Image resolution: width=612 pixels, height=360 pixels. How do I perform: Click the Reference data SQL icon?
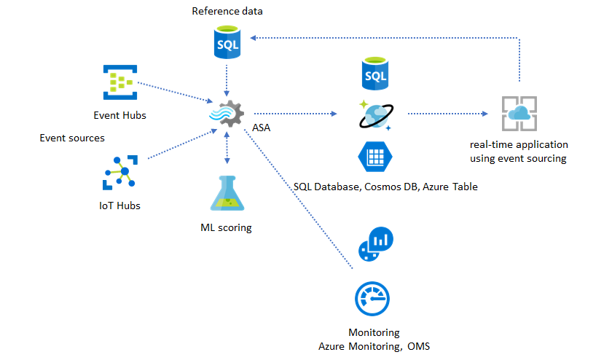point(228,43)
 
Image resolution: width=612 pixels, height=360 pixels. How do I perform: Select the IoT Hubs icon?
point(120,173)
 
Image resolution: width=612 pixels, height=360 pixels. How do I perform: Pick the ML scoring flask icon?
point(227,195)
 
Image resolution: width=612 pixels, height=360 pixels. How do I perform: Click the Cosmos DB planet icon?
point(375,115)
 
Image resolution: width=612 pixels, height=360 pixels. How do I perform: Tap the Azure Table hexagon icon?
point(375,157)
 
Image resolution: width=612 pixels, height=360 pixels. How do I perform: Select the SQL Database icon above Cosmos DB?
point(375,73)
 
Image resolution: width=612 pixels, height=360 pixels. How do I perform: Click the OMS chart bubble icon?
point(375,243)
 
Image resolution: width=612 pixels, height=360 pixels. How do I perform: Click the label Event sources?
point(71,137)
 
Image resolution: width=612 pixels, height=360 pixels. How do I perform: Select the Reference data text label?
point(227,11)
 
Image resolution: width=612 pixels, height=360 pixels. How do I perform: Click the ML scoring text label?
point(226,227)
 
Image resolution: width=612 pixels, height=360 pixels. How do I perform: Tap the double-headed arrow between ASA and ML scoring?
point(229,149)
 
